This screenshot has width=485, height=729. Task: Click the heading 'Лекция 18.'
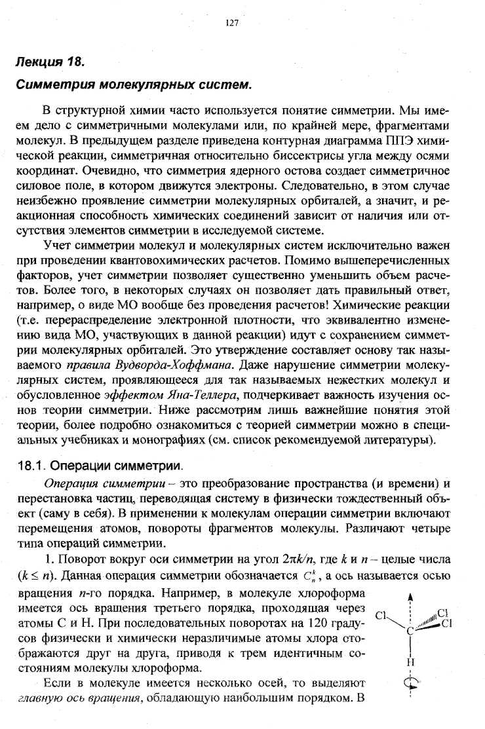[50, 63]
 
